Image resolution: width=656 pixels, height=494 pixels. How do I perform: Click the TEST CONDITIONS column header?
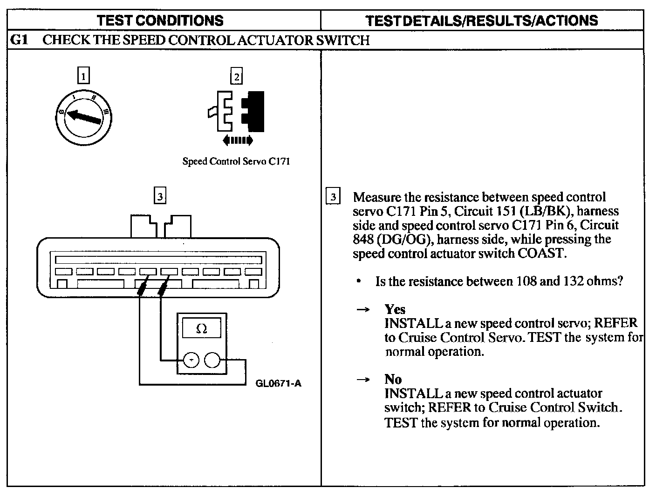(x=161, y=20)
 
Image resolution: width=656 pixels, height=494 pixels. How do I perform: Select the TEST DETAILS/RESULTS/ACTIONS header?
(x=482, y=20)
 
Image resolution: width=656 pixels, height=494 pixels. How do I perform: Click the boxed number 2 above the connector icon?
(x=237, y=76)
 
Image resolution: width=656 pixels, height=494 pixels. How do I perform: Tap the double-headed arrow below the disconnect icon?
(x=238, y=140)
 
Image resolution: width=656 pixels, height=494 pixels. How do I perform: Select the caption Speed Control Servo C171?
(x=236, y=162)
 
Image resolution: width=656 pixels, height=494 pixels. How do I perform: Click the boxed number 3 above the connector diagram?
(x=160, y=197)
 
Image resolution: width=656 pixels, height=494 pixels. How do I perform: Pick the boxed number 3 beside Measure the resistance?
(x=333, y=197)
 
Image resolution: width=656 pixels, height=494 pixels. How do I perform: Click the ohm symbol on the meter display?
(x=202, y=329)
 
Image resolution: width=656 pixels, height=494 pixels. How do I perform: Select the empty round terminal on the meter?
(x=212, y=360)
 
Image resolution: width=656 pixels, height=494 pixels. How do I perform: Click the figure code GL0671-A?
(x=278, y=383)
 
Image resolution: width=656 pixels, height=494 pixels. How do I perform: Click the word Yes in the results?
(x=395, y=309)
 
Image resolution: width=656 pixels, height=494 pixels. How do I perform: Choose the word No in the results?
(x=393, y=379)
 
